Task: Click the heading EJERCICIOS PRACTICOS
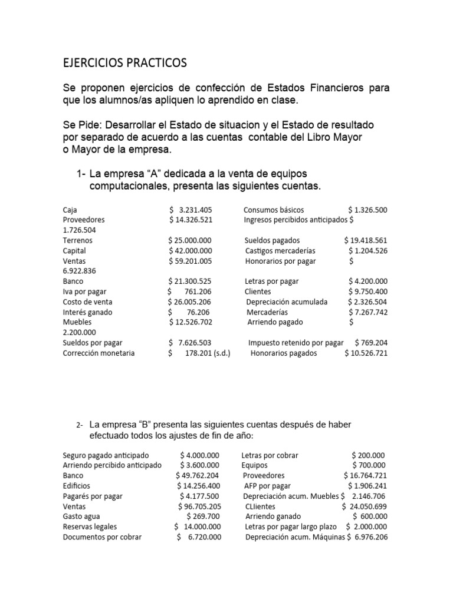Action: tap(124, 62)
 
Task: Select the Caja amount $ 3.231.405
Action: tap(190, 210)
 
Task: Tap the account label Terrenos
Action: tap(77, 240)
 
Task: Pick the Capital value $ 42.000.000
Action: tap(189, 250)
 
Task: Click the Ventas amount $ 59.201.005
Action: tap(189, 261)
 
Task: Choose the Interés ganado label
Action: tap(87, 312)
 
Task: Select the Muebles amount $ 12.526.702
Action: tap(190, 322)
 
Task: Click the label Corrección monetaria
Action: tap(99, 353)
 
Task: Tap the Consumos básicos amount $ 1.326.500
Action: tap(367, 210)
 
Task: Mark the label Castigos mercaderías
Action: tap(280, 250)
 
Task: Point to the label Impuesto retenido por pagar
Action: tap(296, 343)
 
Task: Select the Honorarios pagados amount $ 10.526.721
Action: tap(366, 353)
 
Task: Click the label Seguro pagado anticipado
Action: tap(106, 455)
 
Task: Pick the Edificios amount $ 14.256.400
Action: tap(199, 485)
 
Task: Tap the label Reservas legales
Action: tap(90, 526)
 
